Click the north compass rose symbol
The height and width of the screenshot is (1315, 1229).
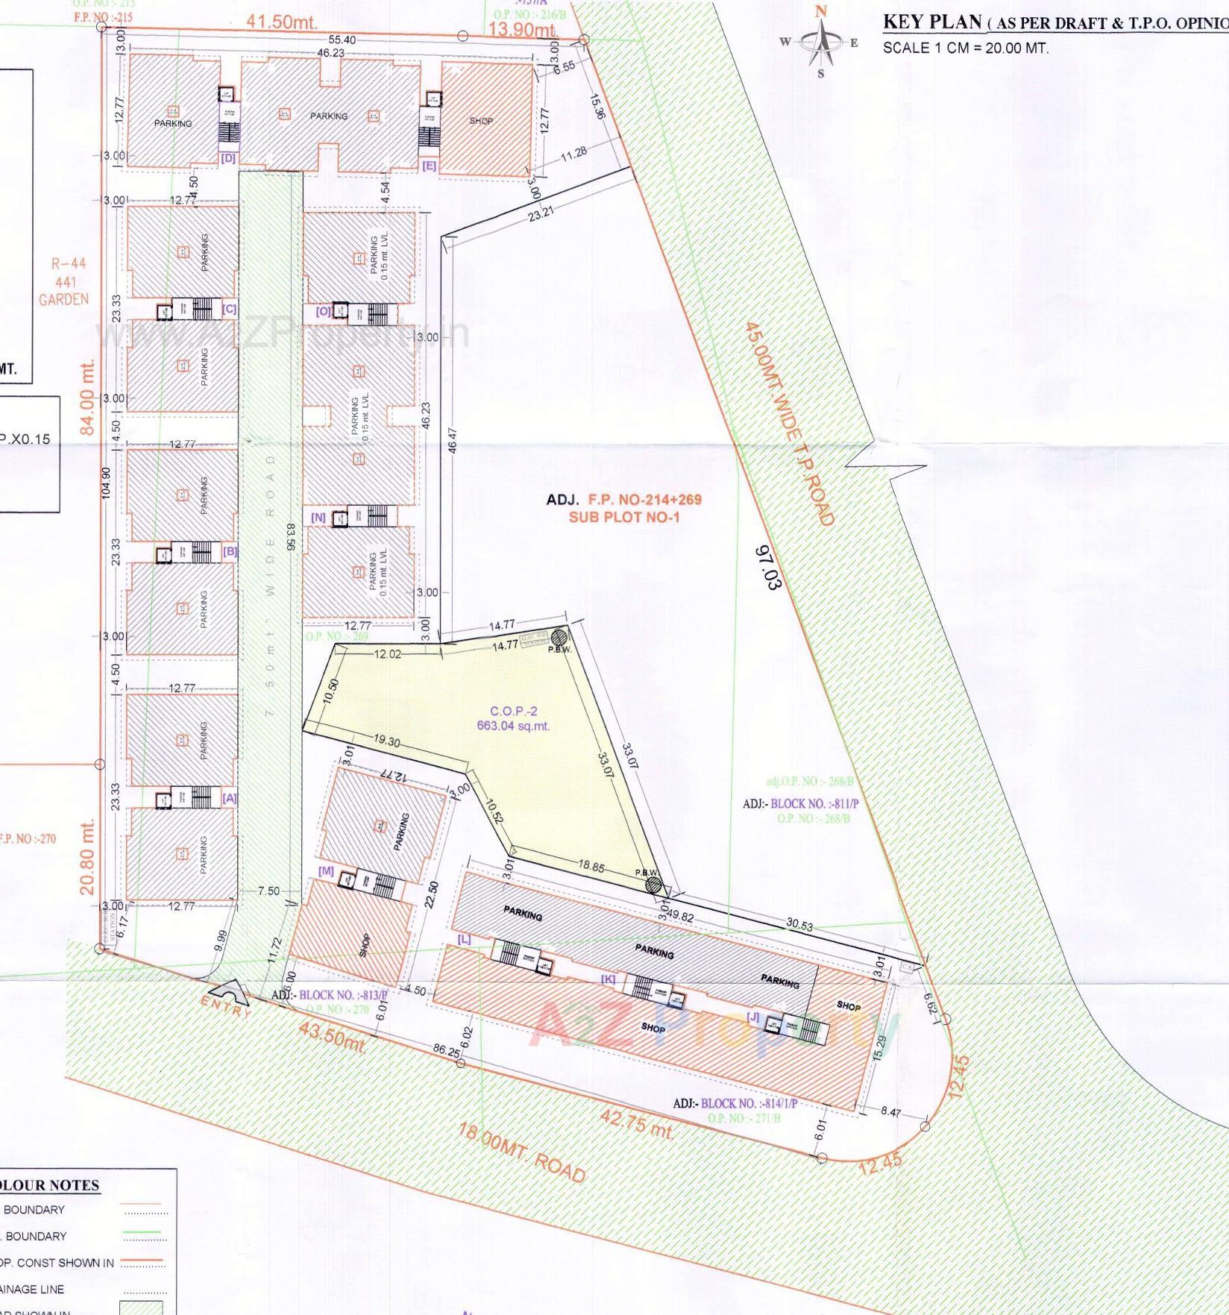point(821,42)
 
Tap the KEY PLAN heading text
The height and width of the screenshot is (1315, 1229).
point(932,22)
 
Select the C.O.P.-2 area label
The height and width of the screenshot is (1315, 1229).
point(514,712)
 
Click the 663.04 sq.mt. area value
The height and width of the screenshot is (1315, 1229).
point(514,725)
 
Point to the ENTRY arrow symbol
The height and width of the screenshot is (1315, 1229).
point(225,992)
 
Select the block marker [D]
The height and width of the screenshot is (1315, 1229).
point(228,158)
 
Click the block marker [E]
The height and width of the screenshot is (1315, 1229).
point(429,166)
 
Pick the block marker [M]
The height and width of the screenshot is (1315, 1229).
point(326,870)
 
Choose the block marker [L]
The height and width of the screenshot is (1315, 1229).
point(464,940)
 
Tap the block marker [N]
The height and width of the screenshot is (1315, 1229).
point(318,517)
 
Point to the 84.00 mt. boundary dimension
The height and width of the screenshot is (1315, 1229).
point(88,400)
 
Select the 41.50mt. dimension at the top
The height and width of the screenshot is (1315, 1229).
point(283,22)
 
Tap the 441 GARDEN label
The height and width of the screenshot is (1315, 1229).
point(64,291)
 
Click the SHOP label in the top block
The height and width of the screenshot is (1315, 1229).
point(481,121)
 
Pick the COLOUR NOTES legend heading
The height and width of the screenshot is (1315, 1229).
point(51,1185)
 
